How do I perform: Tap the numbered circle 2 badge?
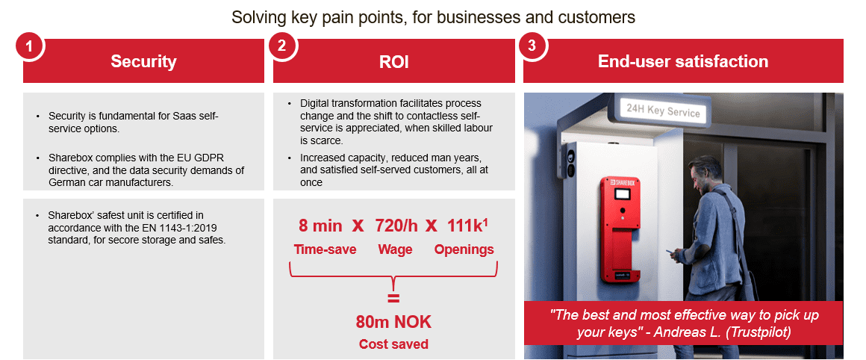tap(281, 46)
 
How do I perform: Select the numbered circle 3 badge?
tap(532, 46)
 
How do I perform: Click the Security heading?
tap(143, 61)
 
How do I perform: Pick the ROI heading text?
tap(393, 62)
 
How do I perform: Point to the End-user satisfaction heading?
tap(683, 61)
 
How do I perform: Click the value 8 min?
tap(320, 226)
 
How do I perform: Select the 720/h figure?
tap(396, 226)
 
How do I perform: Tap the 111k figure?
tap(466, 226)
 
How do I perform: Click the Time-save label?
tap(325, 249)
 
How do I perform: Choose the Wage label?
tap(395, 250)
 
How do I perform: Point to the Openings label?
tap(464, 250)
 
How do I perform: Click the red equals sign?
tap(393, 299)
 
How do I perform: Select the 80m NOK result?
tap(393, 321)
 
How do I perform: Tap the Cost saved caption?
tap(393, 344)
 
